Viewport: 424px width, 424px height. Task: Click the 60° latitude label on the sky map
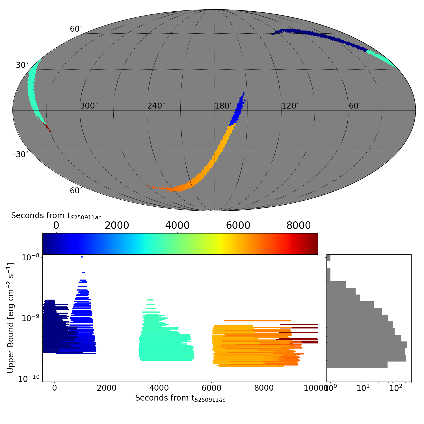pos(76,29)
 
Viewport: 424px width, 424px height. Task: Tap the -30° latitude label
pos(21,155)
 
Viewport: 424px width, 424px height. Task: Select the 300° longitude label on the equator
pos(89,106)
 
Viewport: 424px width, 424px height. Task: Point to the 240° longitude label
pos(156,106)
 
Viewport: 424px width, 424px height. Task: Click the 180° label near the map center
pos(224,106)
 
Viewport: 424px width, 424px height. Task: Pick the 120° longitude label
pos(291,106)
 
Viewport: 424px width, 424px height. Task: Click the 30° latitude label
pos(22,65)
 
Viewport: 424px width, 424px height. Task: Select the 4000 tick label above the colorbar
pos(177,225)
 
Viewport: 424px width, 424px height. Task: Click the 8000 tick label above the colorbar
pos(298,225)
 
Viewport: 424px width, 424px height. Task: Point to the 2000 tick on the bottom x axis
pos(107,388)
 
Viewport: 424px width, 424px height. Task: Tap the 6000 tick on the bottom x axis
pos(211,388)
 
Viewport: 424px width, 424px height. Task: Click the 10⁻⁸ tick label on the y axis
pos(30,258)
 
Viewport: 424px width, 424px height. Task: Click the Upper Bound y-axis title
pos(11,318)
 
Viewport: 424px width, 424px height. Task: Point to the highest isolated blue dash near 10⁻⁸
pos(82,257)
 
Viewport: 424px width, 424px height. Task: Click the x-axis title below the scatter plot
pos(180,398)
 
